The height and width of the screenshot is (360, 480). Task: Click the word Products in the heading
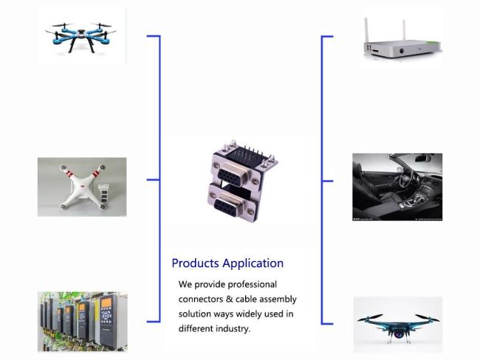pyautogui.click(x=194, y=263)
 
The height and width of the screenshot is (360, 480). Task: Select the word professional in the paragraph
pyautogui.click(x=251, y=284)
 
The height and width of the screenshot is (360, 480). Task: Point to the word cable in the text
pyautogui.click(x=250, y=300)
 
